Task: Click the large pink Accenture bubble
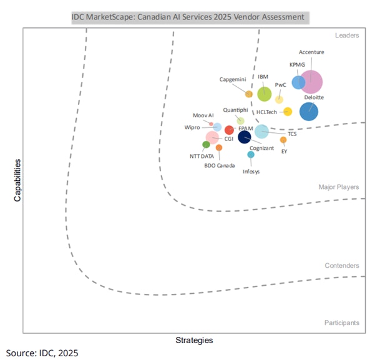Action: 310,82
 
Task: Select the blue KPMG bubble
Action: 299,82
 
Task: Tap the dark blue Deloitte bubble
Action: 309,111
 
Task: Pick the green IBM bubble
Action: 265,94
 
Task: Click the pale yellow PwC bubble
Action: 279,99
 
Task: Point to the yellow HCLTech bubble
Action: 288,112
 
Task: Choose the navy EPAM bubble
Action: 245,135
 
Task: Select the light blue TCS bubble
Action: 261,131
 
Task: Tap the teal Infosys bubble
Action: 251,154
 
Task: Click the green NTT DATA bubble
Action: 206,145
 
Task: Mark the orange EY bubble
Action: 283,140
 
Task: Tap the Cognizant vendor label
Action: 261,148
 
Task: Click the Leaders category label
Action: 346,36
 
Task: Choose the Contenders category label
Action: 342,266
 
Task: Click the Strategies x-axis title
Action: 194,340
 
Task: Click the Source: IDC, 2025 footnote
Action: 42,353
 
